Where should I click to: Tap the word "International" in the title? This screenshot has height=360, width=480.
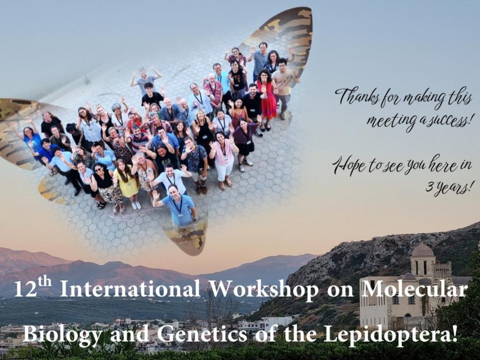130,289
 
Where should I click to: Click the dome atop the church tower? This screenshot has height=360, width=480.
423,250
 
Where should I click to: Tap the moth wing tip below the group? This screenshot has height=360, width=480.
188,238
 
